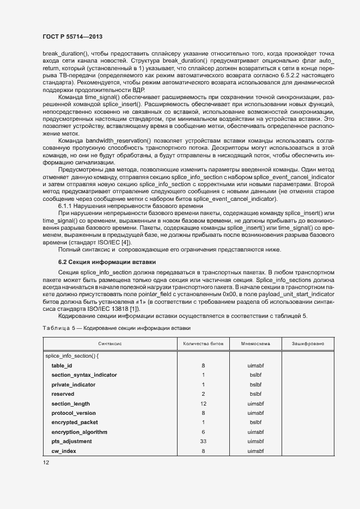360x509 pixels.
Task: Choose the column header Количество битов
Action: (203, 344)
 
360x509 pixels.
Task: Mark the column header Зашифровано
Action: (308, 344)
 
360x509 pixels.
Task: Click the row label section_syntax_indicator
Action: (84, 375)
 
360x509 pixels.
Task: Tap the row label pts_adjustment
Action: (71, 441)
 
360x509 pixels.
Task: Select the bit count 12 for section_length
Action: (203, 403)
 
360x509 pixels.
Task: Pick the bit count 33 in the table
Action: (203, 441)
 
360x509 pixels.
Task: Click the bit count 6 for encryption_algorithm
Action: (203, 432)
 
